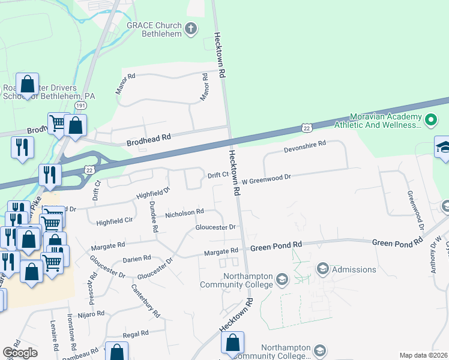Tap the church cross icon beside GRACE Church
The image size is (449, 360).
click(x=190, y=28)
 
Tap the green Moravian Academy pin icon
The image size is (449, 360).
click(x=430, y=120)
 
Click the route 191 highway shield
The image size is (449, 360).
click(x=80, y=105)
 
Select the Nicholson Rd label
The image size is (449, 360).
click(x=185, y=212)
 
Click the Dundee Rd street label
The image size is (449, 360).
click(x=153, y=217)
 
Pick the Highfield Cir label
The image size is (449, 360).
click(x=114, y=221)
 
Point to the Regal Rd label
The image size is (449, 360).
click(x=135, y=334)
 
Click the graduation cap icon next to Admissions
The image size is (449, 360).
click(x=322, y=268)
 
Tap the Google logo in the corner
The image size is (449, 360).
click(x=20, y=353)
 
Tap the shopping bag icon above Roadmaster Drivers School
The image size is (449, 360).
click(x=27, y=85)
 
